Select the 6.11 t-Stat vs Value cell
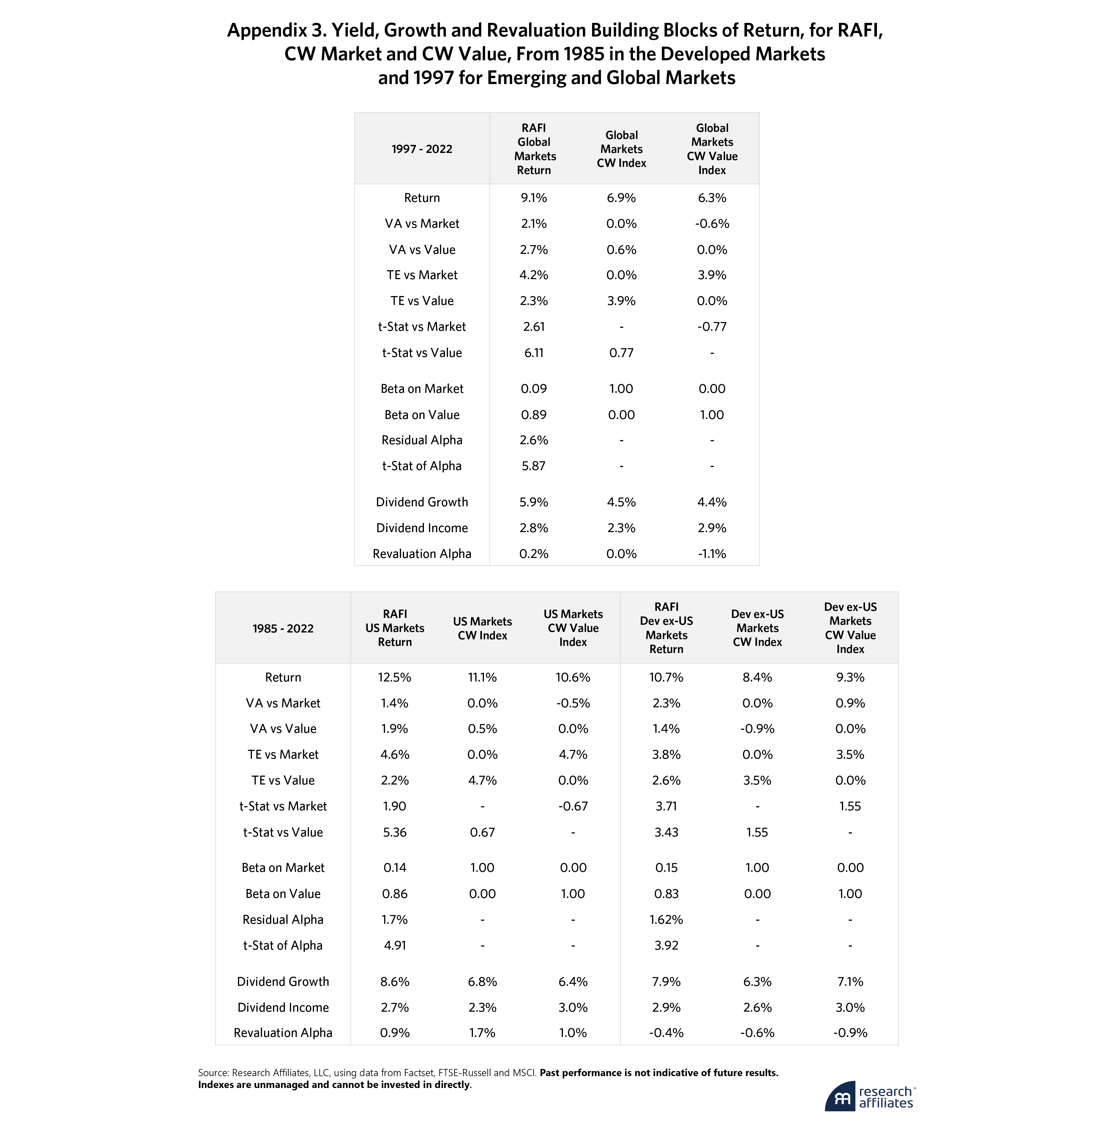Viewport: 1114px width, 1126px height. click(x=534, y=352)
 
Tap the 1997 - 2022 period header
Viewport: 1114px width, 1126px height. click(x=422, y=149)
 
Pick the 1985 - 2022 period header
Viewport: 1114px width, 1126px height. click(x=283, y=628)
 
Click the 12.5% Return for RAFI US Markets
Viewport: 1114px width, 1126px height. click(x=395, y=677)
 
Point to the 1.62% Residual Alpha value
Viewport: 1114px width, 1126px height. click(x=666, y=920)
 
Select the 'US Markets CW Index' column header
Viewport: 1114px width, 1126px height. click(x=482, y=628)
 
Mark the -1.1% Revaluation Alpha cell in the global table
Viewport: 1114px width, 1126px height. click(x=712, y=554)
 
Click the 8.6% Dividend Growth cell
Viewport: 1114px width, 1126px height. click(x=395, y=981)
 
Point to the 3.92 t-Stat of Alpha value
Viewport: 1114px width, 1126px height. click(x=666, y=945)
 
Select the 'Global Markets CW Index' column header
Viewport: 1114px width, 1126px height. click(x=621, y=149)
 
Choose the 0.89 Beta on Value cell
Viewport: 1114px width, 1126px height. click(x=534, y=415)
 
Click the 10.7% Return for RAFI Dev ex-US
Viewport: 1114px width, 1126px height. click(x=666, y=677)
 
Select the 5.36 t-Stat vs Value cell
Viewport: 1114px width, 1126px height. click(x=395, y=832)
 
